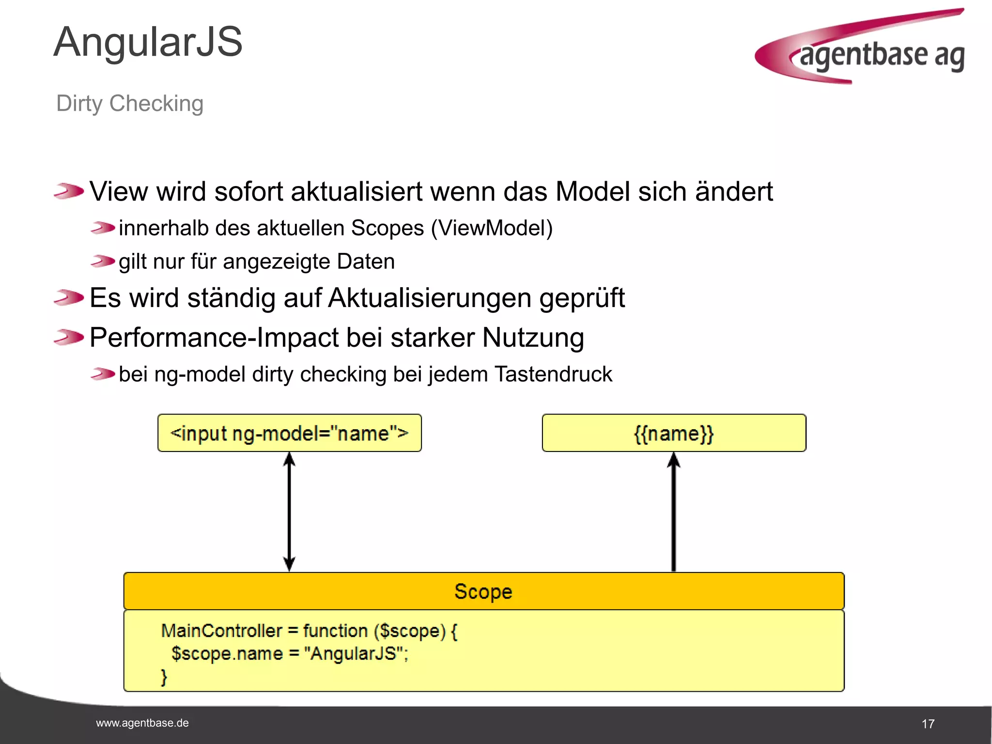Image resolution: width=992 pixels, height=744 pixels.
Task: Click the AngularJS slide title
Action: coord(148,43)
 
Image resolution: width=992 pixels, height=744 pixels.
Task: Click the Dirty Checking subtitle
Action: coord(130,104)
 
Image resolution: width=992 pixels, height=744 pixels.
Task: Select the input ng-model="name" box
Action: coord(289,433)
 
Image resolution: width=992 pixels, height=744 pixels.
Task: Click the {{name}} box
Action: coord(674,433)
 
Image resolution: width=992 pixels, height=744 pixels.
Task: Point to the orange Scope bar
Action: coord(483,591)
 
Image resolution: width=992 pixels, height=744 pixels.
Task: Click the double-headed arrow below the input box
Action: coord(289,511)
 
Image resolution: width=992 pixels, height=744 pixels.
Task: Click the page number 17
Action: coord(928,724)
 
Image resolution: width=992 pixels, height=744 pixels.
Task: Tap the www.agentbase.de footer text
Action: coord(142,723)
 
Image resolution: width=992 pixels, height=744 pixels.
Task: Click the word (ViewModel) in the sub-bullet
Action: coord(492,228)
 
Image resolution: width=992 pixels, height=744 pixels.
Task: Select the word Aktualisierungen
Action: coord(430,298)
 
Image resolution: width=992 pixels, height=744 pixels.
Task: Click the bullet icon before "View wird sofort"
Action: coord(69,191)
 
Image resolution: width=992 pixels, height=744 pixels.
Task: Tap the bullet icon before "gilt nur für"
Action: coord(103,262)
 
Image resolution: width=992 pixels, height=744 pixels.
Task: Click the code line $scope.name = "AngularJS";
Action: coord(290,653)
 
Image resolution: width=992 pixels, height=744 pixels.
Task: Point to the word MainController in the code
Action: coord(221,631)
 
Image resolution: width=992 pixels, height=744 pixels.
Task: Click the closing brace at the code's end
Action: coord(164,676)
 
